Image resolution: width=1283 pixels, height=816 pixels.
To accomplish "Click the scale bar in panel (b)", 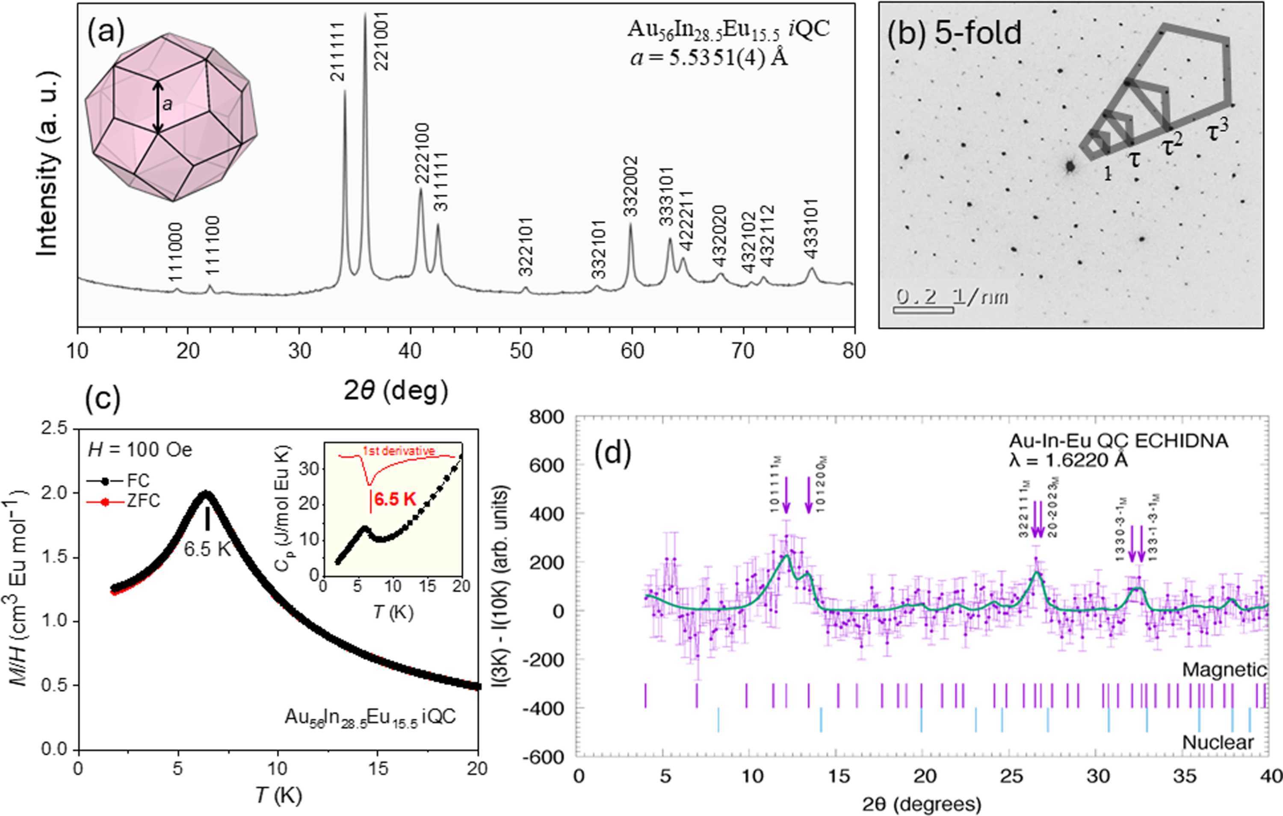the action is coord(923,310).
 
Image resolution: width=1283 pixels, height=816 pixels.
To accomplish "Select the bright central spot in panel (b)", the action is coord(1069,167).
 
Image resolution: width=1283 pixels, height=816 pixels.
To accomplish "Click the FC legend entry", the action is coord(123,481).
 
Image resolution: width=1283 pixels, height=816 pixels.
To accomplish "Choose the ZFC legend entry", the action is coord(123,502).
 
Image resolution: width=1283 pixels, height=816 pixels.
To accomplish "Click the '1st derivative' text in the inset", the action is coord(398,451).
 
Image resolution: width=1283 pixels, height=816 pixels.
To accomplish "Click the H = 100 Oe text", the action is coord(139,451).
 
